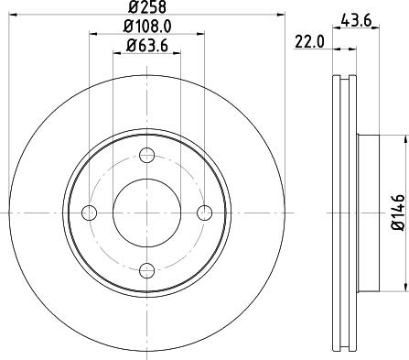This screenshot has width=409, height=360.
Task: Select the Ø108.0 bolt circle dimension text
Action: [x=146, y=27]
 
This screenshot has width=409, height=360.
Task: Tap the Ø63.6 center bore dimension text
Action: [x=146, y=46]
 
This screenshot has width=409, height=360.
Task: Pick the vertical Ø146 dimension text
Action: [x=399, y=212]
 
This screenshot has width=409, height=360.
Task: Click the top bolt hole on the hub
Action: [x=146, y=155]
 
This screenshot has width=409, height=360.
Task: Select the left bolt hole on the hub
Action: [x=89, y=213]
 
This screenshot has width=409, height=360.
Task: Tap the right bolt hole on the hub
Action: [x=204, y=213]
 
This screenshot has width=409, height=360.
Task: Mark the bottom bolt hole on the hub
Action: [x=146, y=270]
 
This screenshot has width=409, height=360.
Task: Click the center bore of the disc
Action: [x=146, y=213]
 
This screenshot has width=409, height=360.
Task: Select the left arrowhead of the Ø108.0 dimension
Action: [x=92, y=36]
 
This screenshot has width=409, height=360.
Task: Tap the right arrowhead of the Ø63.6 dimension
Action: [x=177, y=54]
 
